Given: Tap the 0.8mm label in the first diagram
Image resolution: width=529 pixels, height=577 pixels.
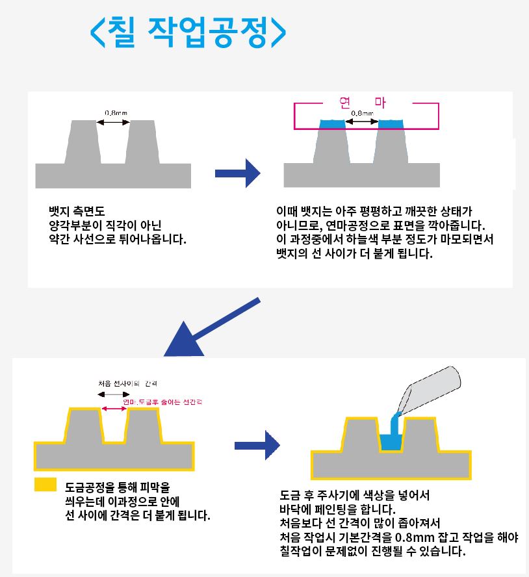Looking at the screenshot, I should (x=116, y=112).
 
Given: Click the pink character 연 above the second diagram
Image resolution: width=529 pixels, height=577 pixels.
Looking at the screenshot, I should (x=345, y=102).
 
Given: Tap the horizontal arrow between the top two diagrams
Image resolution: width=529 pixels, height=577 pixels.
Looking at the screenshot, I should (x=237, y=173).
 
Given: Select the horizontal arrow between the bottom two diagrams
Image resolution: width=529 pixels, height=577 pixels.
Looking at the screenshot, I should (x=257, y=445).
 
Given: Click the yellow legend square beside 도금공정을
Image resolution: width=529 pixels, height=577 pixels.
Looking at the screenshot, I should (x=45, y=484).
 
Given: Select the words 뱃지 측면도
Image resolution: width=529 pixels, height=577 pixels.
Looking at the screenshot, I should (x=77, y=212).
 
